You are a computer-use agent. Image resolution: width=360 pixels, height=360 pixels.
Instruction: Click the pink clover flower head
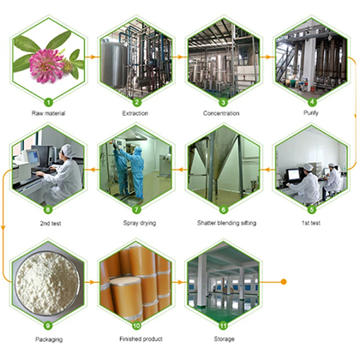(47, 66)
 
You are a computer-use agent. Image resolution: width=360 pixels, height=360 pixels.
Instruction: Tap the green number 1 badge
(48, 102)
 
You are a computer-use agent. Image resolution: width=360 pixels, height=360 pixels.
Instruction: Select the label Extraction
(135, 113)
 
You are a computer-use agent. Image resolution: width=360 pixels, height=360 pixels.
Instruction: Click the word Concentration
(221, 113)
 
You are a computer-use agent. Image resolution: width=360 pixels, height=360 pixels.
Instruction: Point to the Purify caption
(311, 113)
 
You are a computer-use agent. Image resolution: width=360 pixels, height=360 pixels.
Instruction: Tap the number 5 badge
(312, 210)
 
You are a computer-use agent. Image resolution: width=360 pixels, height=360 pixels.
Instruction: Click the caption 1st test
(311, 223)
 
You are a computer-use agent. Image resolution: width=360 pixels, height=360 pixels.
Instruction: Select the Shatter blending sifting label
(226, 223)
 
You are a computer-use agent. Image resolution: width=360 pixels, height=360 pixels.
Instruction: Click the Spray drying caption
(140, 223)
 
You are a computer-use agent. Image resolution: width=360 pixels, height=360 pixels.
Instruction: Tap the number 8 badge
(48, 210)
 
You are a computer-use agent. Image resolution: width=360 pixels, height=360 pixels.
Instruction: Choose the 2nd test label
(51, 223)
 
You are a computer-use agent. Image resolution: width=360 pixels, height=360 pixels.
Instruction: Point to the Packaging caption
(49, 339)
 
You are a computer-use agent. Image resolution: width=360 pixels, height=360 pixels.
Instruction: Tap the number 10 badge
(136, 326)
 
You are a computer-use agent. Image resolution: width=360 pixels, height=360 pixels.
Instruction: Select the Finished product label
(141, 339)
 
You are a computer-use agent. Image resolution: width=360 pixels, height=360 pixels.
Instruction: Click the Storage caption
(225, 339)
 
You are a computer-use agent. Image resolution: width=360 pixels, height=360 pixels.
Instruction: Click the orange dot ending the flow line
(284, 282)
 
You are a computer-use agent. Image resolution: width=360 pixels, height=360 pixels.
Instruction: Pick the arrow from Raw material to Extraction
(93, 57)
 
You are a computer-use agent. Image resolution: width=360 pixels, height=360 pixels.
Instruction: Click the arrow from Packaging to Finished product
(92, 282)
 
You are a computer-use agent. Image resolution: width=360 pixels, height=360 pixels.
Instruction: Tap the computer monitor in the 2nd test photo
(33, 157)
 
